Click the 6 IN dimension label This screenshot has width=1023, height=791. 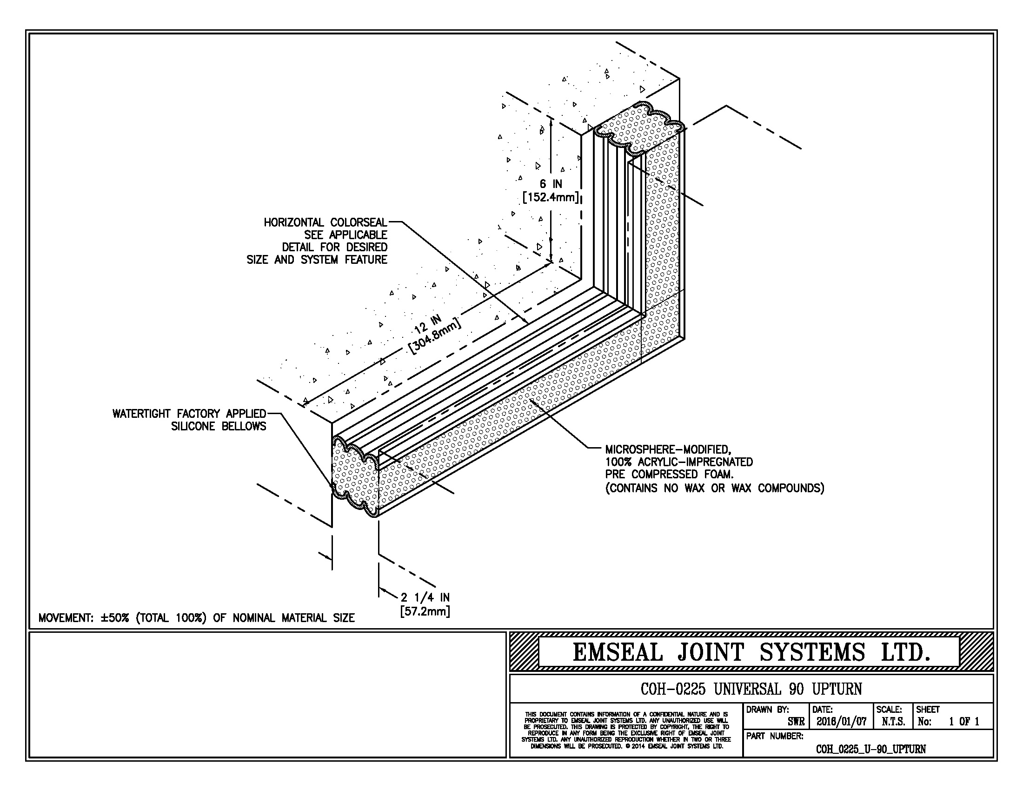click(x=551, y=184)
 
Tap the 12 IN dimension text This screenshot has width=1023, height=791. click(x=427, y=325)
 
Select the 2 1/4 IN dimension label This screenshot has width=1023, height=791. click(x=425, y=597)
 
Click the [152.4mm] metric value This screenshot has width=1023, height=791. click(x=551, y=197)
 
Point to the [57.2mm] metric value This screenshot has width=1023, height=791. click(x=425, y=611)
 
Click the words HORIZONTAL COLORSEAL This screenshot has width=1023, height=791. click(x=325, y=222)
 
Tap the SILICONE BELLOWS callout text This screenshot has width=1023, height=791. click(x=218, y=426)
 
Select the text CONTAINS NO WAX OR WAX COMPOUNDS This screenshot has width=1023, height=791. click(x=715, y=488)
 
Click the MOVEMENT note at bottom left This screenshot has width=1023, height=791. click(x=196, y=618)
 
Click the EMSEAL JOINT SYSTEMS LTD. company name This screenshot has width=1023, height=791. click(x=751, y=653)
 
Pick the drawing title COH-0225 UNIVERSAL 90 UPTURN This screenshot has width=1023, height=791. click(x=751, y=689)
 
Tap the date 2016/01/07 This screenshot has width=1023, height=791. click(x=841, y=722)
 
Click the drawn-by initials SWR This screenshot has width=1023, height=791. click(x=796, y=722)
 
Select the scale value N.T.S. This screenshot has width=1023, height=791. click(x=893, y=722)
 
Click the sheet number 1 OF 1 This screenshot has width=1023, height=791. click(x=964, y=722)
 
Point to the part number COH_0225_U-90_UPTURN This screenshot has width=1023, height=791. click(x=871, y=749)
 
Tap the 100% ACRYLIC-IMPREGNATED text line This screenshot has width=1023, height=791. click(x=679, y=462)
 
